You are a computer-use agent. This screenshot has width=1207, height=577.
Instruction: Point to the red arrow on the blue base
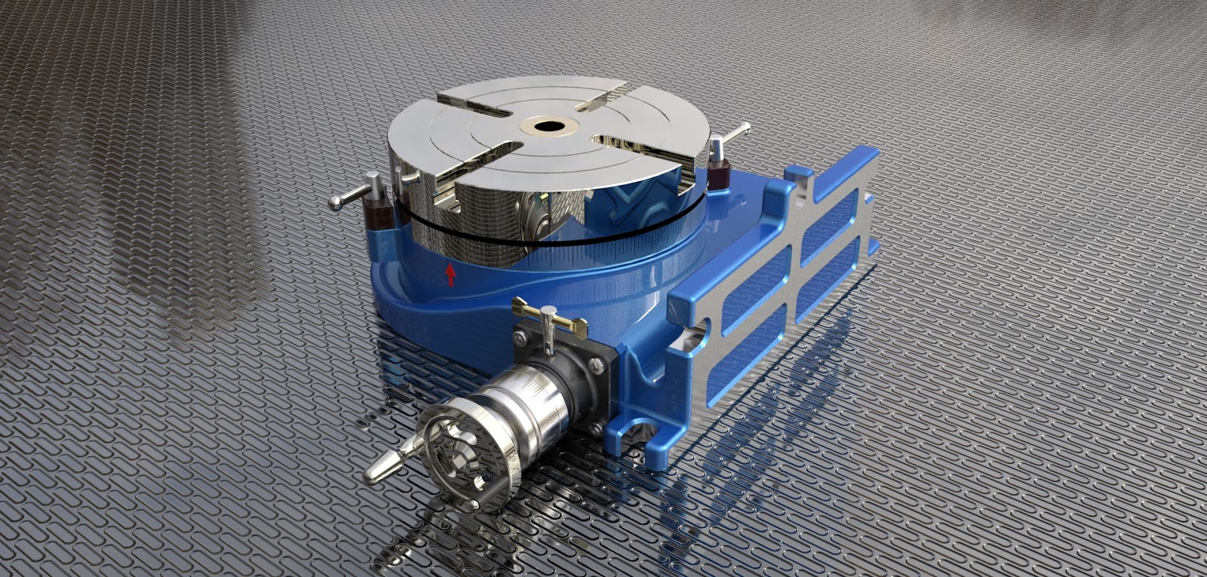(450, 274)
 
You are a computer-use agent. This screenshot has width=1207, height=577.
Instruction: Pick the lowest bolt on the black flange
(596, 428)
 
